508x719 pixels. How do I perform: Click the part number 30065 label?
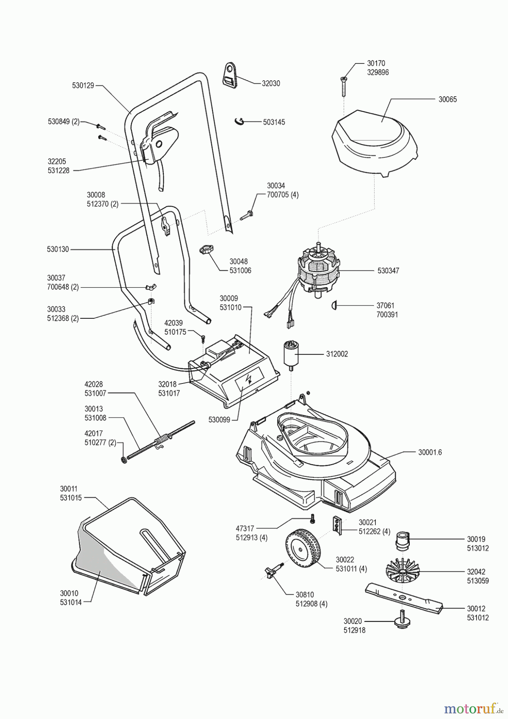tap(447, 99)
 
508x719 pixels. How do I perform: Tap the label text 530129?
tap(83, 85)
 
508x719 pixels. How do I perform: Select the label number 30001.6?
tap(430, 453)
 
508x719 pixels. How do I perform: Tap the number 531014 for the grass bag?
tap(71, 602)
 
